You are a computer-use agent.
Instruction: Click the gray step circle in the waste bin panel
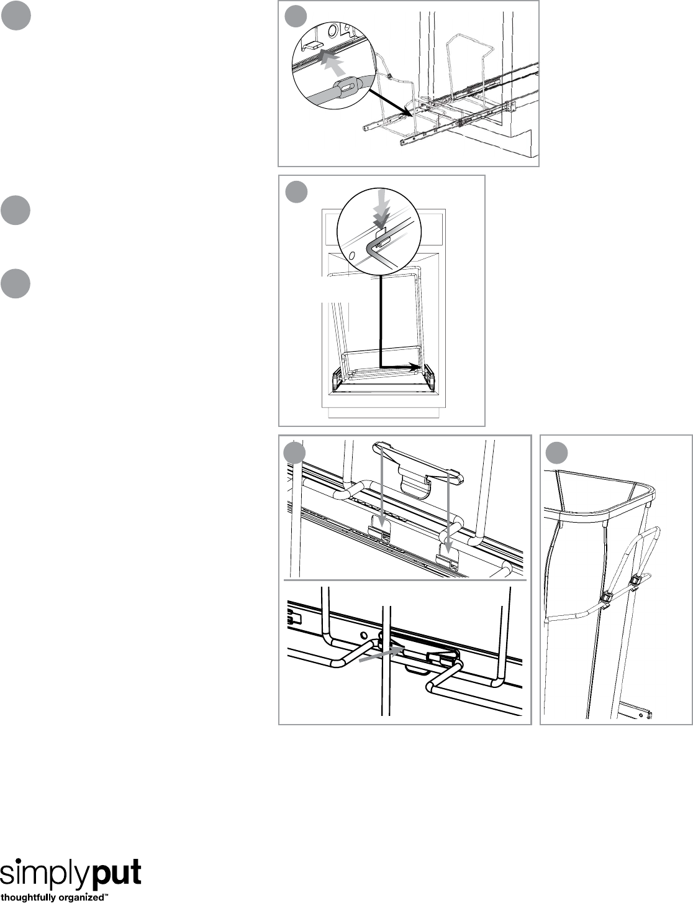click(556, 452)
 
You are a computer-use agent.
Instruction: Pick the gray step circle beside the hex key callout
click(296, 191)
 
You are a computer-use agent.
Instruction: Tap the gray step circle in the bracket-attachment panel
click(294, 452)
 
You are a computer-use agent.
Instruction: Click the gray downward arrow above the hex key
click(383, 208)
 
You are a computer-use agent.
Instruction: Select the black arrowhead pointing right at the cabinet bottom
click(415, 366)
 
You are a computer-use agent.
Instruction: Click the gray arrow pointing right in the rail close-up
click(382, 654)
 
